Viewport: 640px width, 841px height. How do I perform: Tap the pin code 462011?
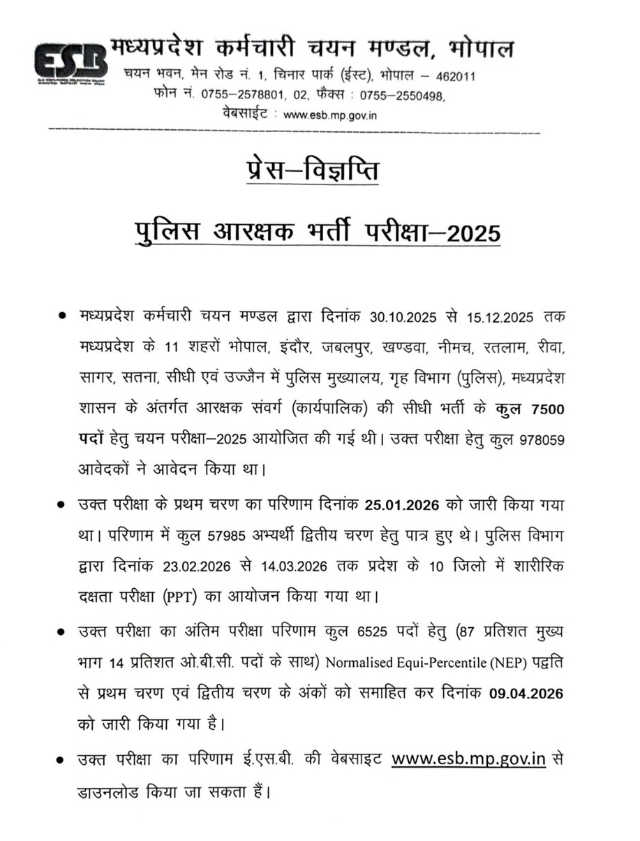(x=456, y=76)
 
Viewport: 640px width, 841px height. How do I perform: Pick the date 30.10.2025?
(x=405, y=316)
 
